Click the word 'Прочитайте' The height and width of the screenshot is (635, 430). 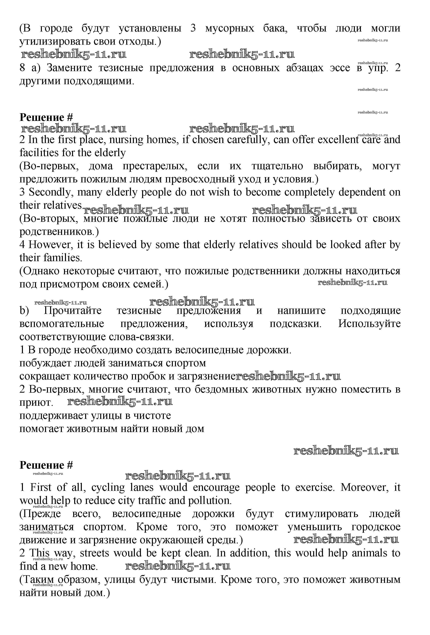click(x=73, y=311)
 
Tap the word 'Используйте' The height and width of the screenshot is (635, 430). click(x=369, y=324)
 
